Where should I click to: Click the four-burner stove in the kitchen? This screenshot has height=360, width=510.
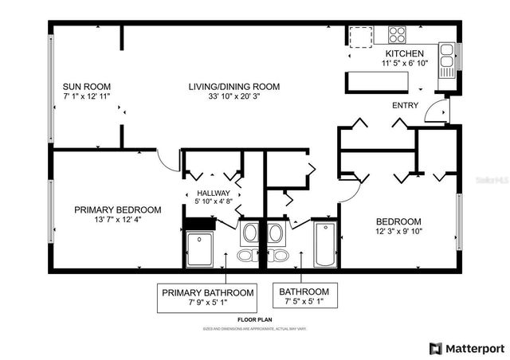[397, 34]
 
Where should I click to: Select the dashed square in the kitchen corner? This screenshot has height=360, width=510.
[362, 37]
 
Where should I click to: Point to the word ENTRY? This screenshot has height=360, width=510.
[405, 105]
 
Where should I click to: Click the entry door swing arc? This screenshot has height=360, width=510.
[434, 112]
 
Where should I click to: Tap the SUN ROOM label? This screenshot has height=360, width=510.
[86, 87]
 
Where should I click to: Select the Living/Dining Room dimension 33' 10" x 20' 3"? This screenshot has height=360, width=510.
[233, 96]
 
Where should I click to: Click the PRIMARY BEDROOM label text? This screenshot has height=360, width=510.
[117, 209]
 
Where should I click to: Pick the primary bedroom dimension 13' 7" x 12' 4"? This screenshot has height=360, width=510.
[117, 219]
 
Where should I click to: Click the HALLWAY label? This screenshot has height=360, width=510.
[213, 193]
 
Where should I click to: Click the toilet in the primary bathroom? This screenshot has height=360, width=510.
[249, 255]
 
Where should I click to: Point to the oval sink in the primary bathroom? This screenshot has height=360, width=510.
[249, 233]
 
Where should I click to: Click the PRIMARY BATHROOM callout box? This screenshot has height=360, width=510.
[209, 297]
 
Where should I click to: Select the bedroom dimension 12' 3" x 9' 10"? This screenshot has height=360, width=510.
[399, 231]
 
